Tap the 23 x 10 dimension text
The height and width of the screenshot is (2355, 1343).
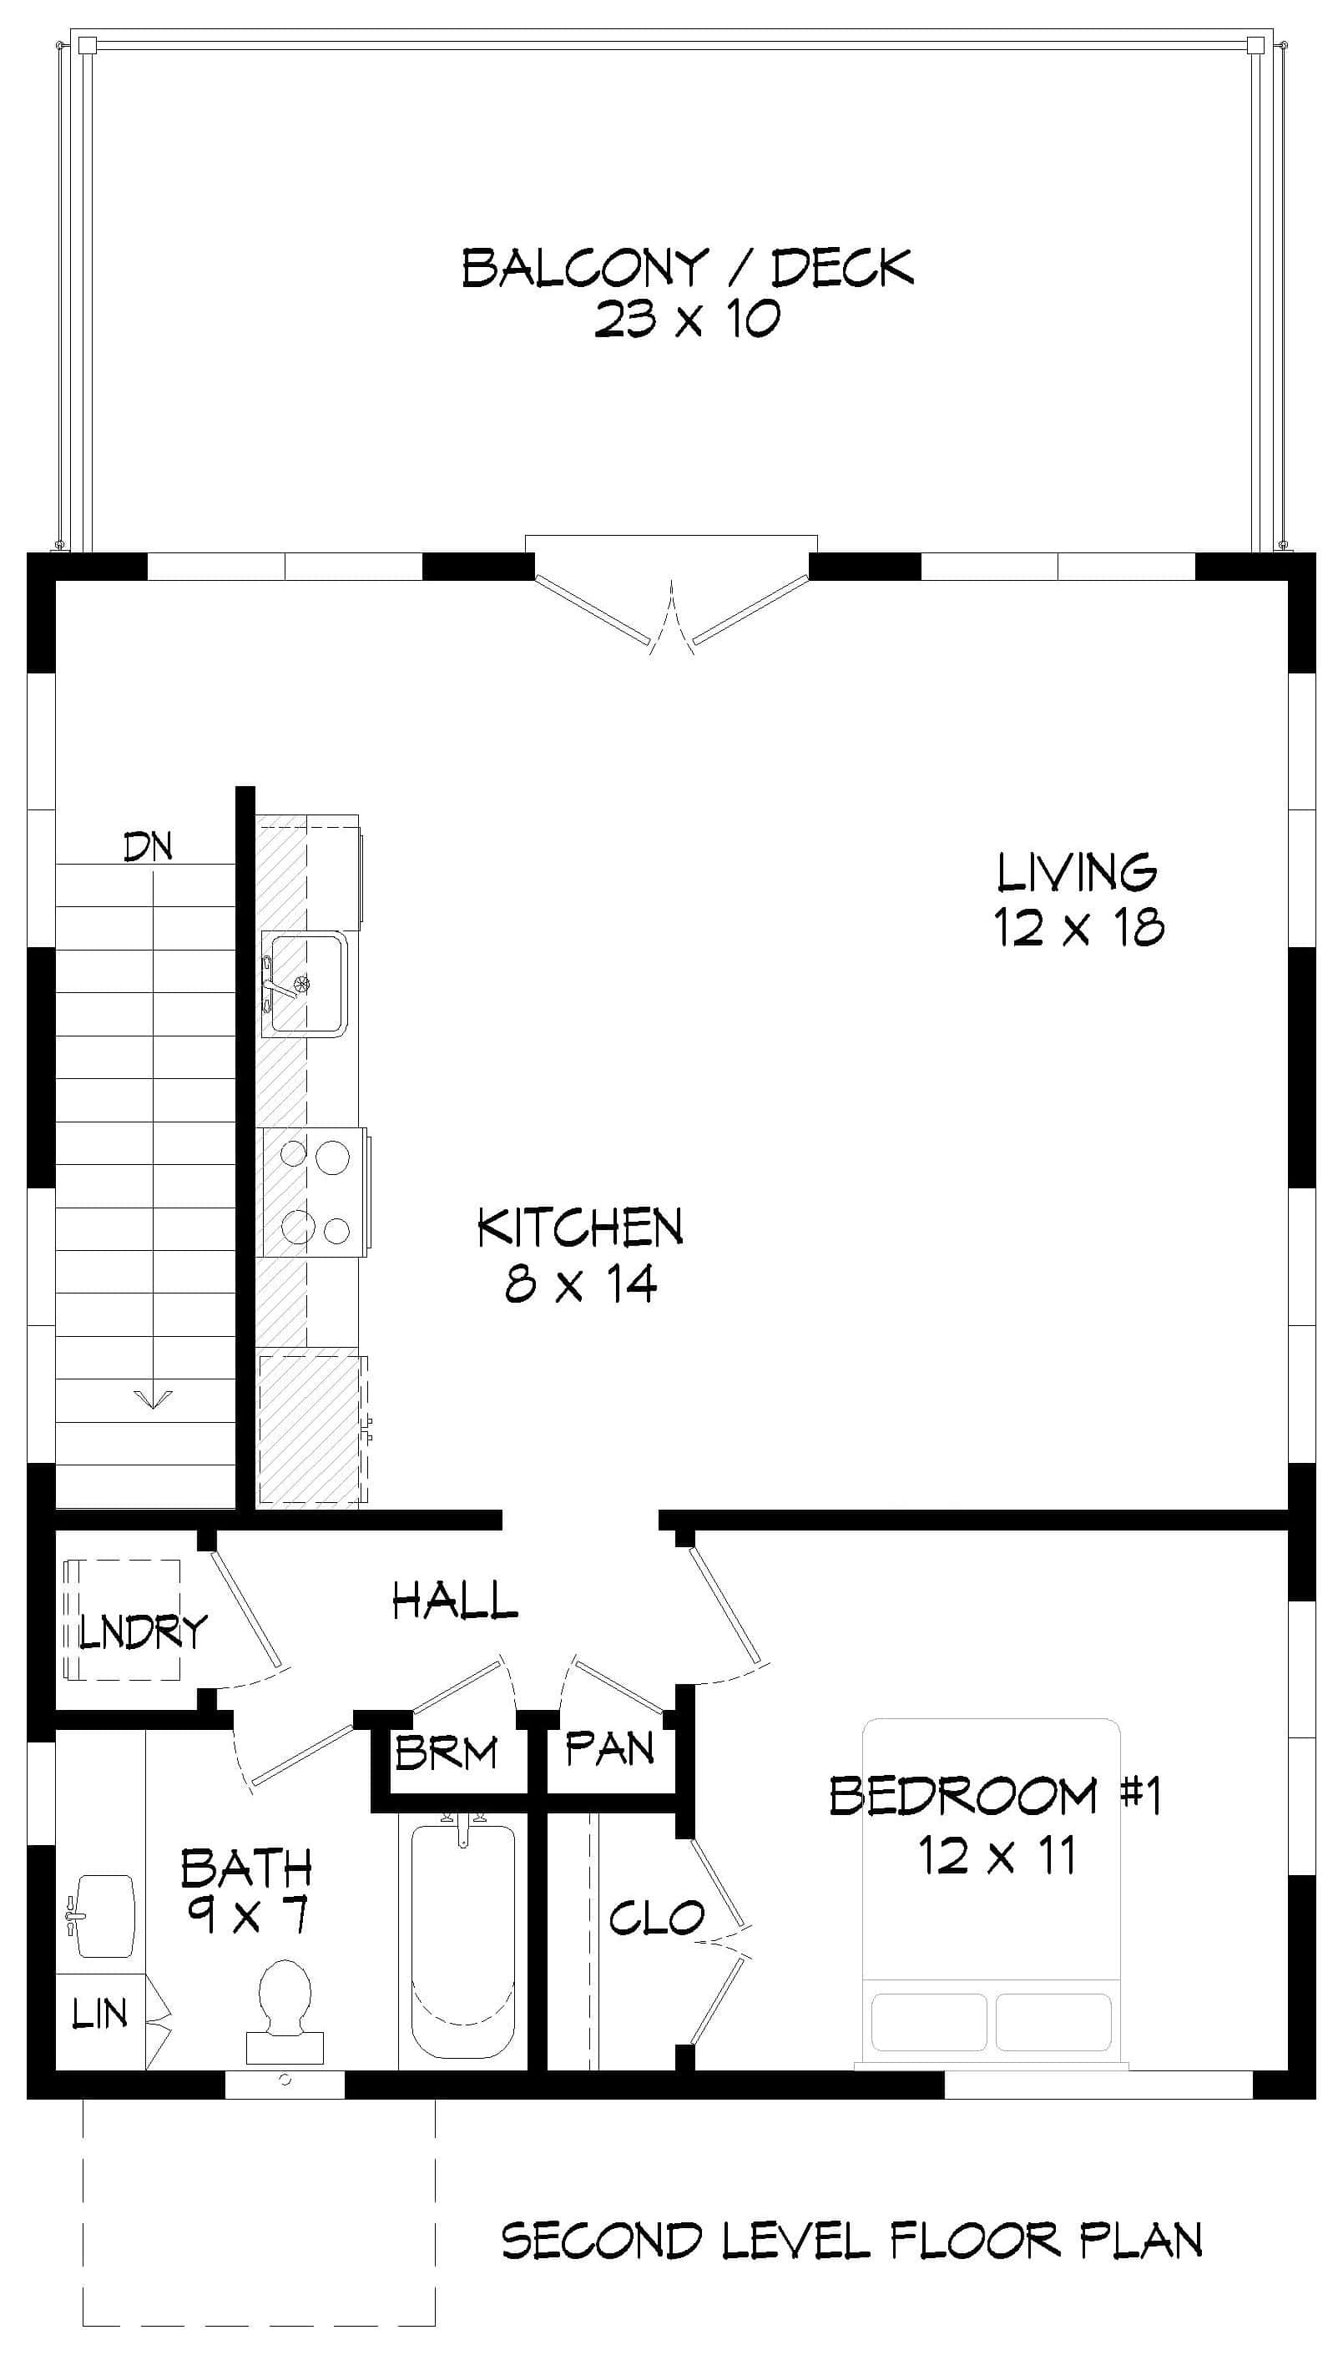point(687,319)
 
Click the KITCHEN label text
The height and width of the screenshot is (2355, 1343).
point(580,1228)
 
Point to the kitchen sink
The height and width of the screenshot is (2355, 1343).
point(305,983)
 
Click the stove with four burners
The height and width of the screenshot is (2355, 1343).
point(315,1192)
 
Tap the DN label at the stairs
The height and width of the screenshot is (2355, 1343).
point(149,846)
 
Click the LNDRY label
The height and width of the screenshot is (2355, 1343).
point(143,1632)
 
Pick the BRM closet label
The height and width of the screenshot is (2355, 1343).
point(447,1752)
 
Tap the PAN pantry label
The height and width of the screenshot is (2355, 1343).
point(609,1748)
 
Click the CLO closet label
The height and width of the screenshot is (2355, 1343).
point(656,1919)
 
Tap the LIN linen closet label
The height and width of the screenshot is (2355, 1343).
point(99,2015)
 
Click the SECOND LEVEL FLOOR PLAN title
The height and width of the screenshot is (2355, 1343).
point(851,2240)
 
